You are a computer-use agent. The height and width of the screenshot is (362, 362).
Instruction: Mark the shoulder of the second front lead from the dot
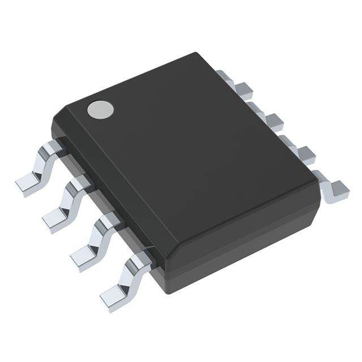coord(81,183)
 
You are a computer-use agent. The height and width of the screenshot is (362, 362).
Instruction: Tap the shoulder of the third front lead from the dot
coord(110,219)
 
